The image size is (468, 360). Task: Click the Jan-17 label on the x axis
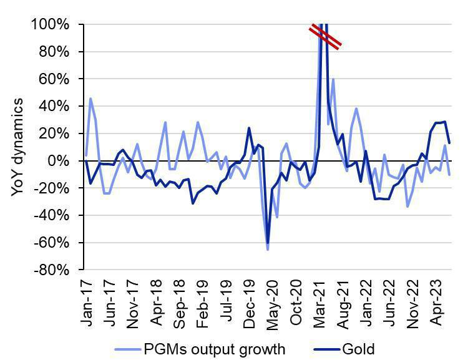tap(87, 304)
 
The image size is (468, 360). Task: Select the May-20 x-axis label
tap(272, 304)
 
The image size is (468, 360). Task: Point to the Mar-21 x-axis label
tap(319, 304)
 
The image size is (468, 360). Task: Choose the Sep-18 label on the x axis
tap(180, 304)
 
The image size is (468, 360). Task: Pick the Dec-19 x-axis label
tap(250, 304)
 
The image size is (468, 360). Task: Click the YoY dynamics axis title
tap(17, 147)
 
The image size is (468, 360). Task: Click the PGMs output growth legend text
tap(215, 349)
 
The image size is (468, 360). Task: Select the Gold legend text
tap(358, 349)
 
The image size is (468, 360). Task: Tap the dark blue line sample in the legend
tap(326, 349)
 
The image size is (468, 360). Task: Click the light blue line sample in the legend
tap(127, 349)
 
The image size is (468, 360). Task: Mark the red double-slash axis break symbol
tap(325, 37)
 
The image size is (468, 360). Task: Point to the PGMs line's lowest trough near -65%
tap(268, 250)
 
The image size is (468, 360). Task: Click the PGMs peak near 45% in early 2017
tap(90, 98)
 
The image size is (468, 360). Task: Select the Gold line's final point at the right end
tap(449, 143)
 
